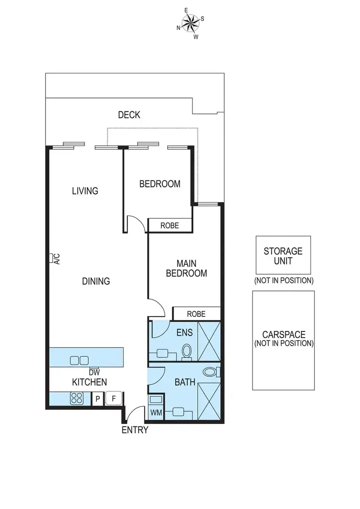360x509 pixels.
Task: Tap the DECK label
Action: [x=129, y=115]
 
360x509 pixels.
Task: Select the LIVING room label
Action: [x=85, y=191]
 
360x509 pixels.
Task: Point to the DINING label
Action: [x=96, y=281]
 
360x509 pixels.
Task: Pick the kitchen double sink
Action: [x=80, y=360]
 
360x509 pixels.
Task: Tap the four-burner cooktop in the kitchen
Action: [x=78, y=398]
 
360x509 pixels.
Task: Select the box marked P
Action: [x=97, y=399]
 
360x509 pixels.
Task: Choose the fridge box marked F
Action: [x=113, y=399]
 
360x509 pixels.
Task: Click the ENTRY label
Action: [x=135, y=430]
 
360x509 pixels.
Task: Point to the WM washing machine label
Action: [x=156, y=412]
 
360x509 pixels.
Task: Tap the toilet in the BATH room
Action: [x=210, y=371]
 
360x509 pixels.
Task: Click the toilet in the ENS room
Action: [x=187, y=351]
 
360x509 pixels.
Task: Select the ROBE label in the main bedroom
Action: [x=196, y=314]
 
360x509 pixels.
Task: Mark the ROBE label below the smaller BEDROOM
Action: [x=170, y=225]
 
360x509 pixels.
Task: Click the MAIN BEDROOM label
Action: [x=186, y=268]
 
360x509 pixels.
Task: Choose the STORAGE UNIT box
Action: [x=283, y=255]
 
